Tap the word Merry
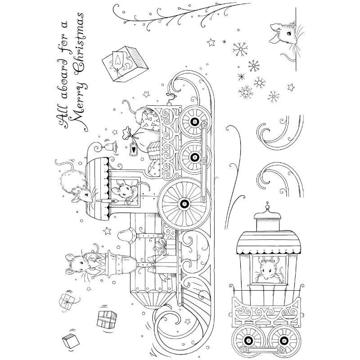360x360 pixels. [x=80, y=99]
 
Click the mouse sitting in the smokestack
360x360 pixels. [x=81, y=261]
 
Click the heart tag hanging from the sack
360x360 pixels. [x=134, y=149]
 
